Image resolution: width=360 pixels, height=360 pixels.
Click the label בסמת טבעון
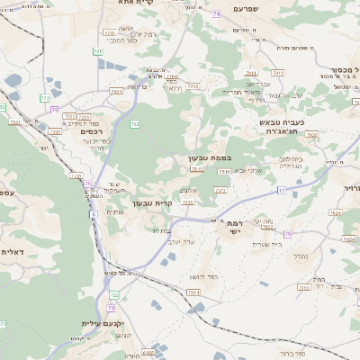click(x=211, y=158)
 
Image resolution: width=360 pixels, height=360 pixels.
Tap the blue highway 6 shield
click(x=93, y=214)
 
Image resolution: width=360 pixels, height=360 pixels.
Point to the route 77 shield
click(x=281, y=191)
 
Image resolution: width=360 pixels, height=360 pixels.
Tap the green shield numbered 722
click(x=114, y=295)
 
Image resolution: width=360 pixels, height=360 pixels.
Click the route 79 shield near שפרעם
click(x=215, y=15)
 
